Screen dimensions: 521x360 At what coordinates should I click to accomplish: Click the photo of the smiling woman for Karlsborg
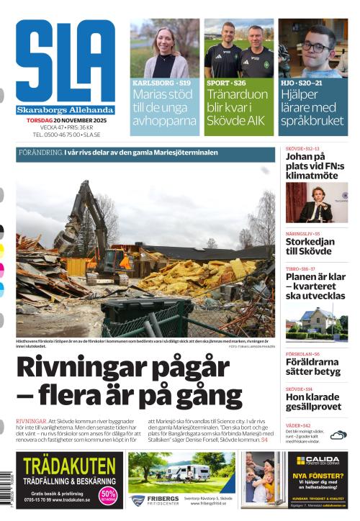click(x=165, y=49)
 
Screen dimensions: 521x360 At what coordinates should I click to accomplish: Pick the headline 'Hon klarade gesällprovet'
click(x=312, y=402)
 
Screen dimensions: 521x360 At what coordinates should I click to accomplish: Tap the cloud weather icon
click(x=338, y=435)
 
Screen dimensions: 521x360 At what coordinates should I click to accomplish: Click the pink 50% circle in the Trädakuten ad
click(x=108, y=495)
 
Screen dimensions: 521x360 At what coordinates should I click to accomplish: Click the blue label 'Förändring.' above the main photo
click(x=40, y=153)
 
